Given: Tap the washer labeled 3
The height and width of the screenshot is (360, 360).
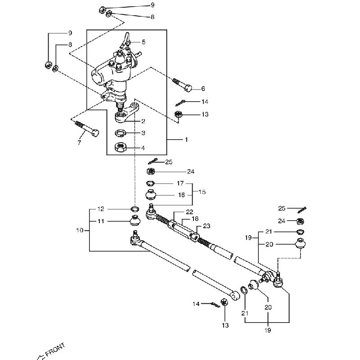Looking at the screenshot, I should pyautogui.click(x=120, y=134).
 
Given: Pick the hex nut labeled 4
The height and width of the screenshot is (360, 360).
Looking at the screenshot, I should pyautogui.click(x=120, y=147).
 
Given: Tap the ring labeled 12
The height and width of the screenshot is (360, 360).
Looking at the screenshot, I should pyautogui.click(x=135, y=209).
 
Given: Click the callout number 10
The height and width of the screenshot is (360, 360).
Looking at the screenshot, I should pyautogui.click(x=80, y=230).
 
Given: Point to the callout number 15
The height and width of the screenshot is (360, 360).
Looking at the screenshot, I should pyautogui.click(x=202, y=192).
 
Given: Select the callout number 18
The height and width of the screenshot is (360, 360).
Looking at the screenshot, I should pyautogui.click(x=196, y=218).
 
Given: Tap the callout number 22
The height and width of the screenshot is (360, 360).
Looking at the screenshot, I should pyautogui.click(x=189, y=212).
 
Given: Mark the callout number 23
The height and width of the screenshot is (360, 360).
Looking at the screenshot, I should pyautogui.click(x=207, y=226).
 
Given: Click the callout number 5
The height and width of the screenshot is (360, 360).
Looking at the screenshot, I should pyautogui.click(x=144, y=42).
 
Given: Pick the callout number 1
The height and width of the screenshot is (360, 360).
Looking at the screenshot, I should pyautogui.click(x=186, y=140).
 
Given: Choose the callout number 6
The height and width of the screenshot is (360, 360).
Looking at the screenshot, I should pyautogui.click(x=203, y=89).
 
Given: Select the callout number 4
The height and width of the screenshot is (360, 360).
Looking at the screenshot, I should pyautogui.click(x=144, y=147).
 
